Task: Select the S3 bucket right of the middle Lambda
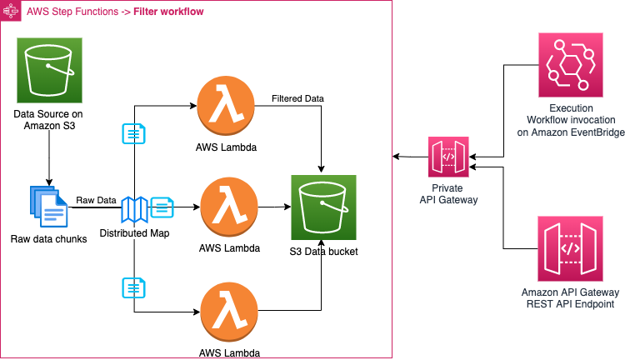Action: click(323, 207)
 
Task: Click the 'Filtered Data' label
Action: click(297, 99)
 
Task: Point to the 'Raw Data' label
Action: click(96, 201)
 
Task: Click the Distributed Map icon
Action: click(134, 209)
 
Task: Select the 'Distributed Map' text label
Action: click(134, 233)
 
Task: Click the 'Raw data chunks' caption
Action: click(49, 240)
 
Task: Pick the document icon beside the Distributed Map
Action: click(162, 207)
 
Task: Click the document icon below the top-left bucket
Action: click(133, 133)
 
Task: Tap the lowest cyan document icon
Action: click(133, 287)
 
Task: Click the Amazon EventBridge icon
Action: click(570, 65)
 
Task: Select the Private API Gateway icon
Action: click(448, 157)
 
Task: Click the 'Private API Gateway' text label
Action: click(448, 194)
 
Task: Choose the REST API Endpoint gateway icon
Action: click(570, 247)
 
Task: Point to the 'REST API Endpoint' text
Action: click(570, 304)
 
